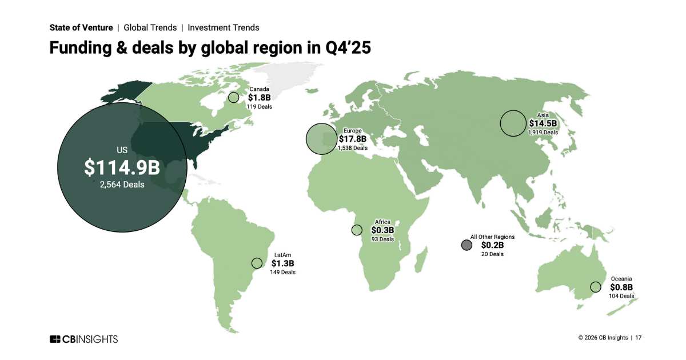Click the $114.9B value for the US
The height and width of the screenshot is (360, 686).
[x=122, y=167]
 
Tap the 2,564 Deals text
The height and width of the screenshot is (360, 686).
[x=122, y=185]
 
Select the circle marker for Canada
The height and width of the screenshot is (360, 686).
[x=233, y=98]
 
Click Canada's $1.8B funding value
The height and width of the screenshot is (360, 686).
[x=259, y=98]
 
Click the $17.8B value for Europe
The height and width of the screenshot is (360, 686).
[x=352, y=139]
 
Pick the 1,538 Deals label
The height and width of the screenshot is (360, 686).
[x=352, y=147]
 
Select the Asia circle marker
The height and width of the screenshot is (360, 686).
[x=513, y=123]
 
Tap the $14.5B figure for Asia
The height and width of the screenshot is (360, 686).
[x=543, y=123]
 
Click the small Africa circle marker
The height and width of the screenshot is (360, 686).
[x=357, y=230]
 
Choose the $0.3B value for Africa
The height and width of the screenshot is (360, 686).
[x=382, y=230]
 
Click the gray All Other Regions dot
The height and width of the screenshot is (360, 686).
[x=466, y=245]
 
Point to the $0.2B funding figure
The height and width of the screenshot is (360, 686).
[x=492, y=245]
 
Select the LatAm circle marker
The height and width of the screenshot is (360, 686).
[x=257, y=263]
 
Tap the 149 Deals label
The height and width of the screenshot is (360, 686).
[x=282, y=273]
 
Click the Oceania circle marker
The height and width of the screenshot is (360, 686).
[x=596, y=287]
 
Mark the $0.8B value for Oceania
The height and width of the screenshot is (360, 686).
[x=621, y=287]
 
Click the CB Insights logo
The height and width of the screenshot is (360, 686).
[x=83, y=339]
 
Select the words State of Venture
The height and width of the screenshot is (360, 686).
[x=81, y=27]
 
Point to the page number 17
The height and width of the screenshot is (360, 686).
[x=638, y=338]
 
